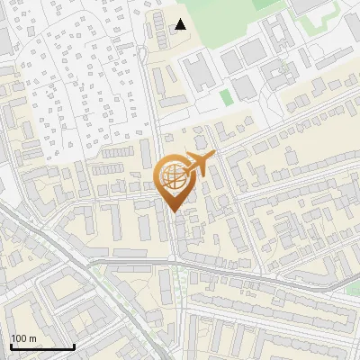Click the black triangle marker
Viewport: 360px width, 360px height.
181,24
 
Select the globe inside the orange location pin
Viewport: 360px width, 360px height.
173,176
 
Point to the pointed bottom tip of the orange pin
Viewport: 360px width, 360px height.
173,211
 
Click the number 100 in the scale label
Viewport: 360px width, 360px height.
20,338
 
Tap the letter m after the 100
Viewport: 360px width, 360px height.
33,338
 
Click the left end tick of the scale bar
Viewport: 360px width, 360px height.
11,346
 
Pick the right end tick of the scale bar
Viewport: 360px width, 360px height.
74,346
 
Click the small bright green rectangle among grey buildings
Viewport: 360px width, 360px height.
226,95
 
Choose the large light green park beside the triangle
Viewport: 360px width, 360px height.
225,22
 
